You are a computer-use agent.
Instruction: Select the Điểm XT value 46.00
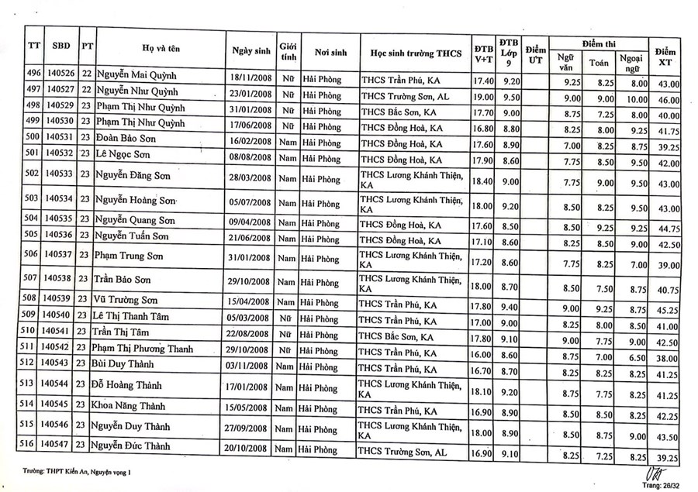pyautogui.click(x=668, y=101)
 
